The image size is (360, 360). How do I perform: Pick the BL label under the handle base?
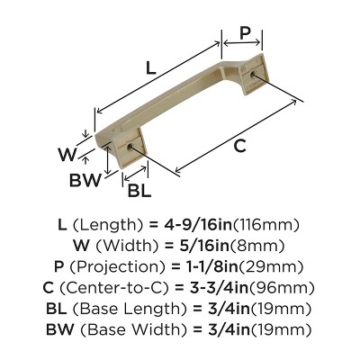point(139,191)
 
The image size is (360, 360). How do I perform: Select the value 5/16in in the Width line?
point(208,246)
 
